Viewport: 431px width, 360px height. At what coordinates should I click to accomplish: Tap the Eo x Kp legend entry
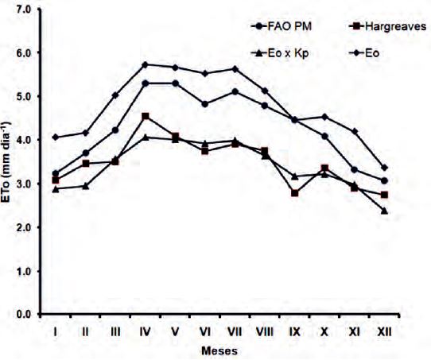tap(279, 51)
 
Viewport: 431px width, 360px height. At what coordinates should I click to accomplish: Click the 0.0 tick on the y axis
tap(23, 315)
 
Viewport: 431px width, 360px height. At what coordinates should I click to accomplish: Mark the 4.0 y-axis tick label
tap(23, 140)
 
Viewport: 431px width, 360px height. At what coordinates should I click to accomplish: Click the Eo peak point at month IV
tap(145, 64)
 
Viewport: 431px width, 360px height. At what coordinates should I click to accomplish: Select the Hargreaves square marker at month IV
tap(145, 117)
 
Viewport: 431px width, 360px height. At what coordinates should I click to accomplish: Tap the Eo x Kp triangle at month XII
tap(384, 211)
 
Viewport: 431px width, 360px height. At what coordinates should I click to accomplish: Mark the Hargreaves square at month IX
tap(294, 193)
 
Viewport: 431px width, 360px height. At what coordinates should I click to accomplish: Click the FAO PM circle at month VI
tap(204, 104)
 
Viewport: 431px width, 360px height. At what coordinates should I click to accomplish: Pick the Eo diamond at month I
tap(55, 137)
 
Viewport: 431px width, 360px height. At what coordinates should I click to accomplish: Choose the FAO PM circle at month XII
tap(384, 180)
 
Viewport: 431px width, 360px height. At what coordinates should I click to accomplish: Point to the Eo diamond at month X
tap(324, 117)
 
